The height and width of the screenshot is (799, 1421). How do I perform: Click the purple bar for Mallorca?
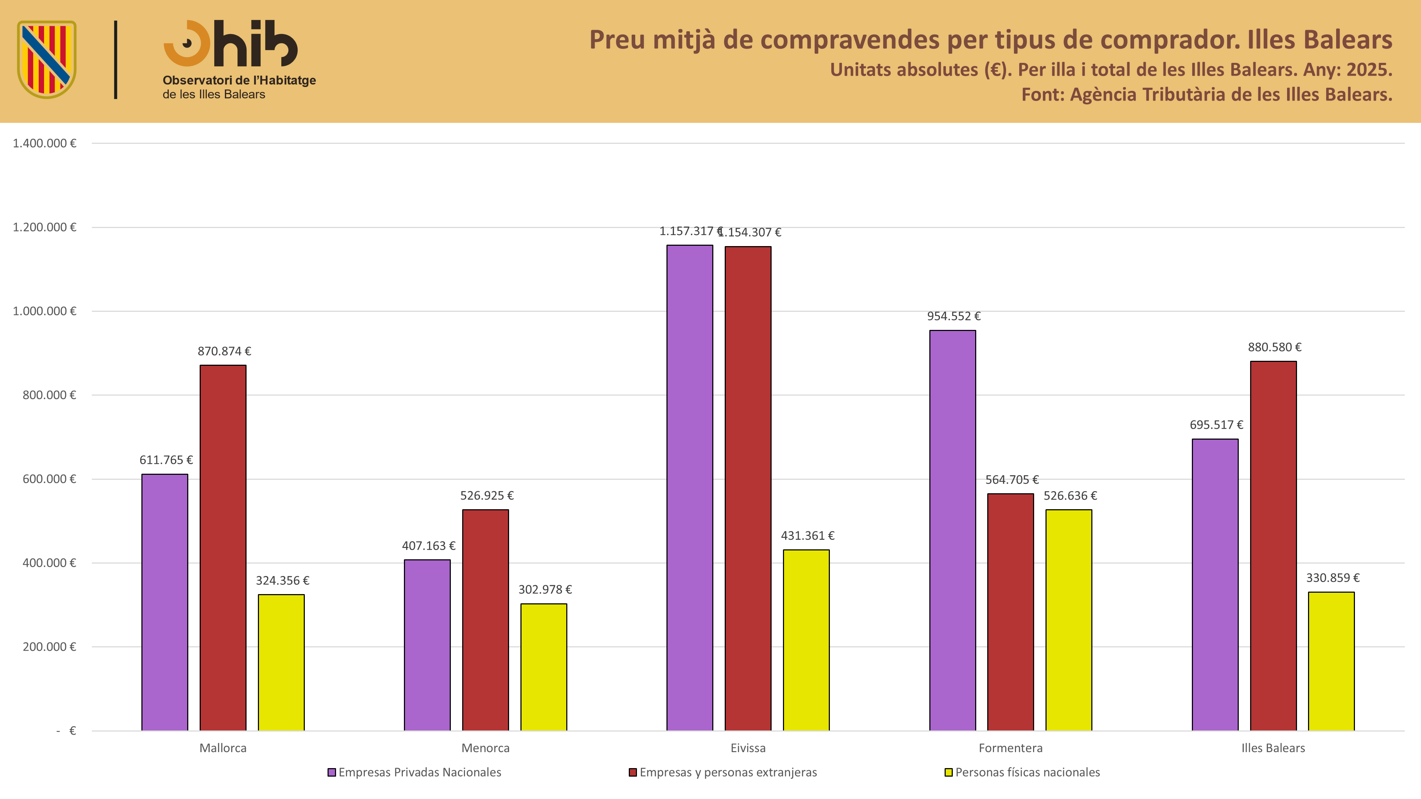pyautogui.click(x=164, y=602)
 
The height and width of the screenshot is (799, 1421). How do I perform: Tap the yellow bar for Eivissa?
pyautogui.click(x=806, y=640)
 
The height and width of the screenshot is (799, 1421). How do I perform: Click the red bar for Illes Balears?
pyautogui.click(x=1273, y=546)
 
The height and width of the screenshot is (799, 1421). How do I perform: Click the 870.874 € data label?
pyautogui.click(x=224, y=351)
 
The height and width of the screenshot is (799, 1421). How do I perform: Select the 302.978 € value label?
pyautogui.click(x=545, y=589)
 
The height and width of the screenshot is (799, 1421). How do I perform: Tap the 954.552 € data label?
pyautogui.click(x=954, y=316)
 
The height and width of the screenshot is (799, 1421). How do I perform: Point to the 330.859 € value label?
pyautogui.click(x=1333, y=578)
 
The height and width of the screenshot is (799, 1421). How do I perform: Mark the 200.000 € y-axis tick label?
pyautogui.click(x=49, y=647)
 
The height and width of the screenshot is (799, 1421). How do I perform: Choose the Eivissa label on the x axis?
pyautogui.click(x=748, y=748)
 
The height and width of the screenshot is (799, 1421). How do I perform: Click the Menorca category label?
pyautogui.click(x=485, y=748)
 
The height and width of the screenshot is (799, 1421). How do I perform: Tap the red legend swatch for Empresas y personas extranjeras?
pyautogui.click(x=633, y=772)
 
